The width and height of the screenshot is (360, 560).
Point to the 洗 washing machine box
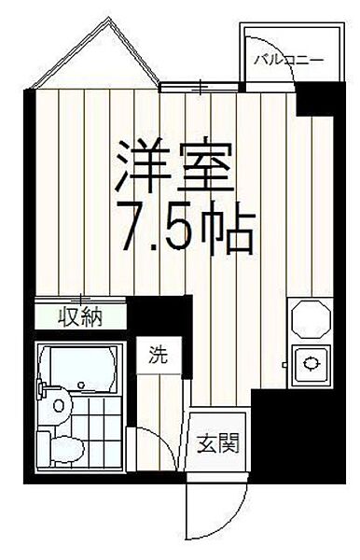[158, 355]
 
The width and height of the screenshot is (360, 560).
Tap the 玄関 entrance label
[217, 441]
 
